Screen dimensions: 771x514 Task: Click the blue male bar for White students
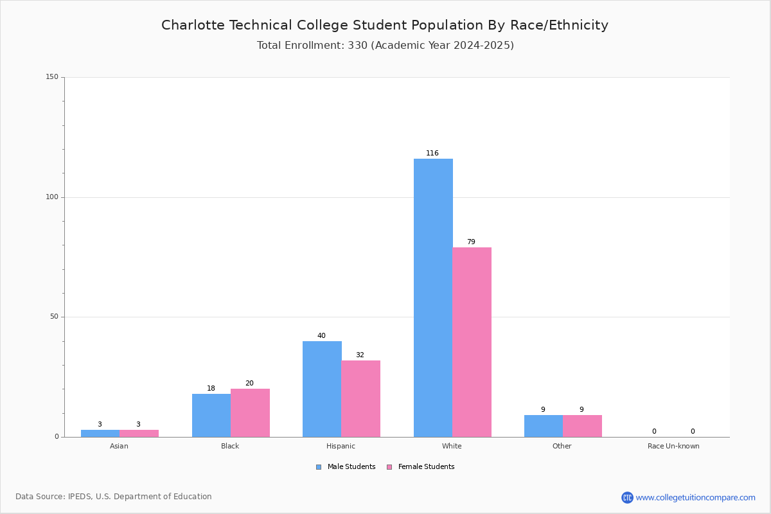coord(433,297)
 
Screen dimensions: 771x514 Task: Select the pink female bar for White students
coord(472,342)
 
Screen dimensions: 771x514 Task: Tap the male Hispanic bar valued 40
coord(322,389)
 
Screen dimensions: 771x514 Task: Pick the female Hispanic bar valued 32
coord(360,398)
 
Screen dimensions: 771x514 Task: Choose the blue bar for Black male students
coord(211,416)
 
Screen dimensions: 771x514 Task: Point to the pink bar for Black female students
coord(250,413)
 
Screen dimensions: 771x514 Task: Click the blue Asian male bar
coord(100,434)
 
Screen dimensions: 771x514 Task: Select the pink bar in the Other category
coord(582,426)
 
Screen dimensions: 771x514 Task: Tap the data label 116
coord(432,153)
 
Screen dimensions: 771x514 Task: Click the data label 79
coord(471,242)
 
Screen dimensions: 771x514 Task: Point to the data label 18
coord(211,388)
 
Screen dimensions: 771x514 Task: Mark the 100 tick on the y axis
coord(52,197)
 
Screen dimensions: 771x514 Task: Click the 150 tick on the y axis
coord(52,76)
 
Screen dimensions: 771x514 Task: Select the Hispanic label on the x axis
coord(341,446)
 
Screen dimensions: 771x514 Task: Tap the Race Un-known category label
coord(673,446)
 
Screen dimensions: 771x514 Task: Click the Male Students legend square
coord(319,467)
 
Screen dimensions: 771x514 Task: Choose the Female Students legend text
coord(426,466)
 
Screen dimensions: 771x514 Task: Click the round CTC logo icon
coord(627,497)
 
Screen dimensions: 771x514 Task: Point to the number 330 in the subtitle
coord(358,45)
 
